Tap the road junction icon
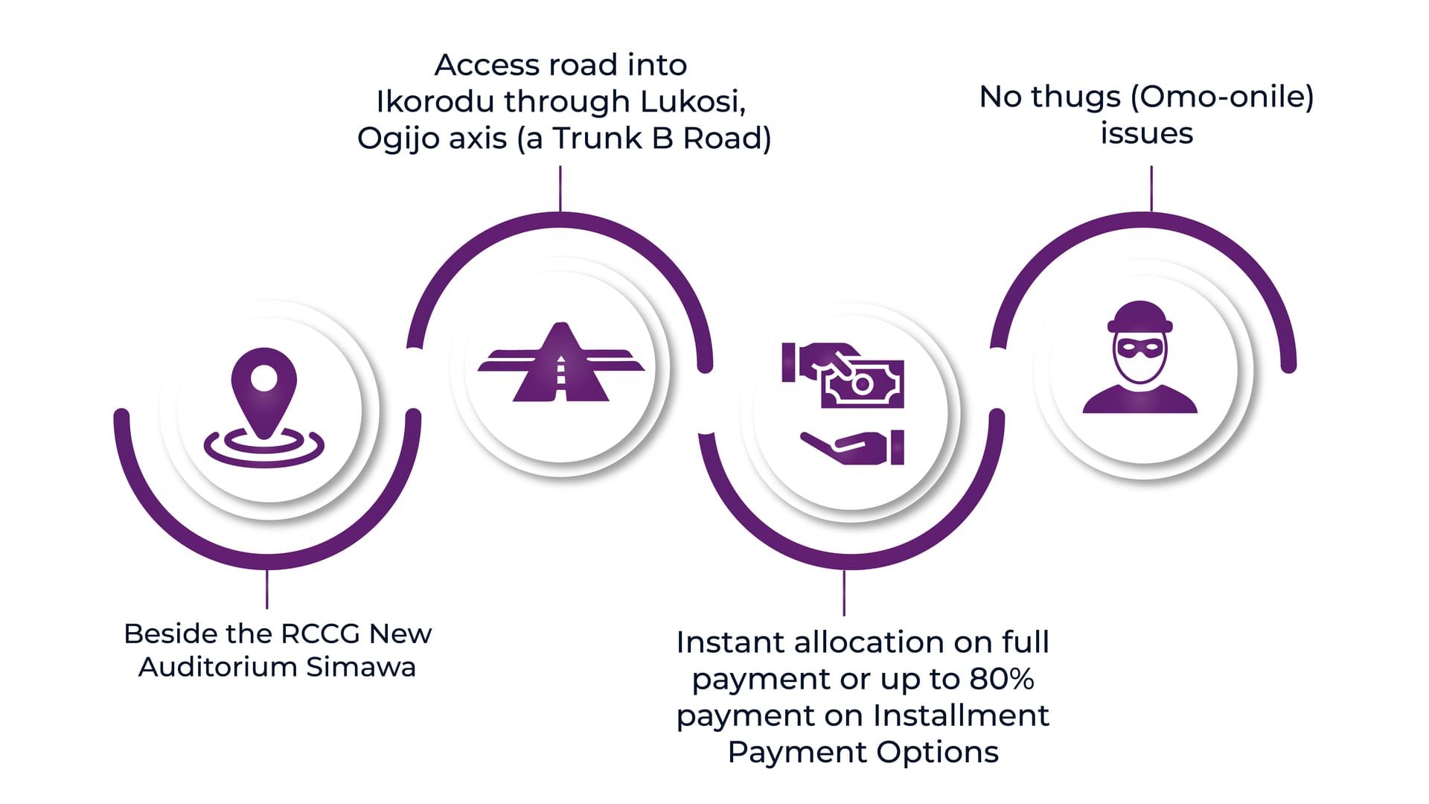click(561, 362)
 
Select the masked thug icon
click(1139, 357)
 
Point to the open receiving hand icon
click(852, 447)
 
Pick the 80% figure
click(1002, 679)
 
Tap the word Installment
click(961, 715)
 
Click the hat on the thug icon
click(1139, 316)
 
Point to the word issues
click(1146, 133)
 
